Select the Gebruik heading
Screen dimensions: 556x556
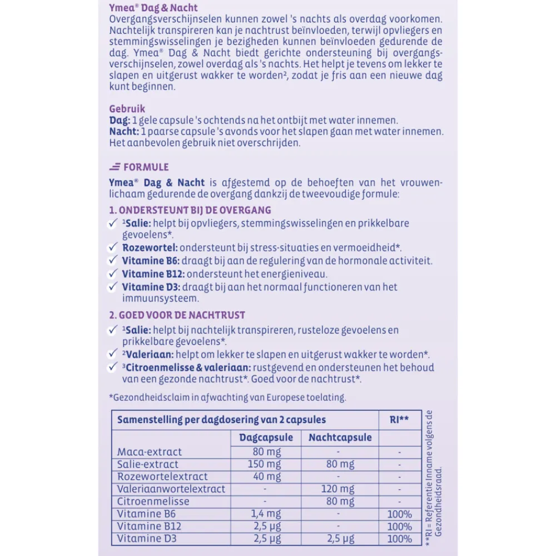(x=127, y=109)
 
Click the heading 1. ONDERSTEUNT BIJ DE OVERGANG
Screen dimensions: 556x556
(x=190, y=210)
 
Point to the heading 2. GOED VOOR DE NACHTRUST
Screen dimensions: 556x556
(x=178, y=315)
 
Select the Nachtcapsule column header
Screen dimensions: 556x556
(x=340, y=438)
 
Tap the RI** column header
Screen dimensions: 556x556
(x=399, y=419)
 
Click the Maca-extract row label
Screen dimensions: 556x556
(x=150, y=452)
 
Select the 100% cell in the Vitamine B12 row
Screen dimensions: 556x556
(x=399, y=527)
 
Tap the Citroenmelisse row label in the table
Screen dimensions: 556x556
(x=153, y=502)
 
